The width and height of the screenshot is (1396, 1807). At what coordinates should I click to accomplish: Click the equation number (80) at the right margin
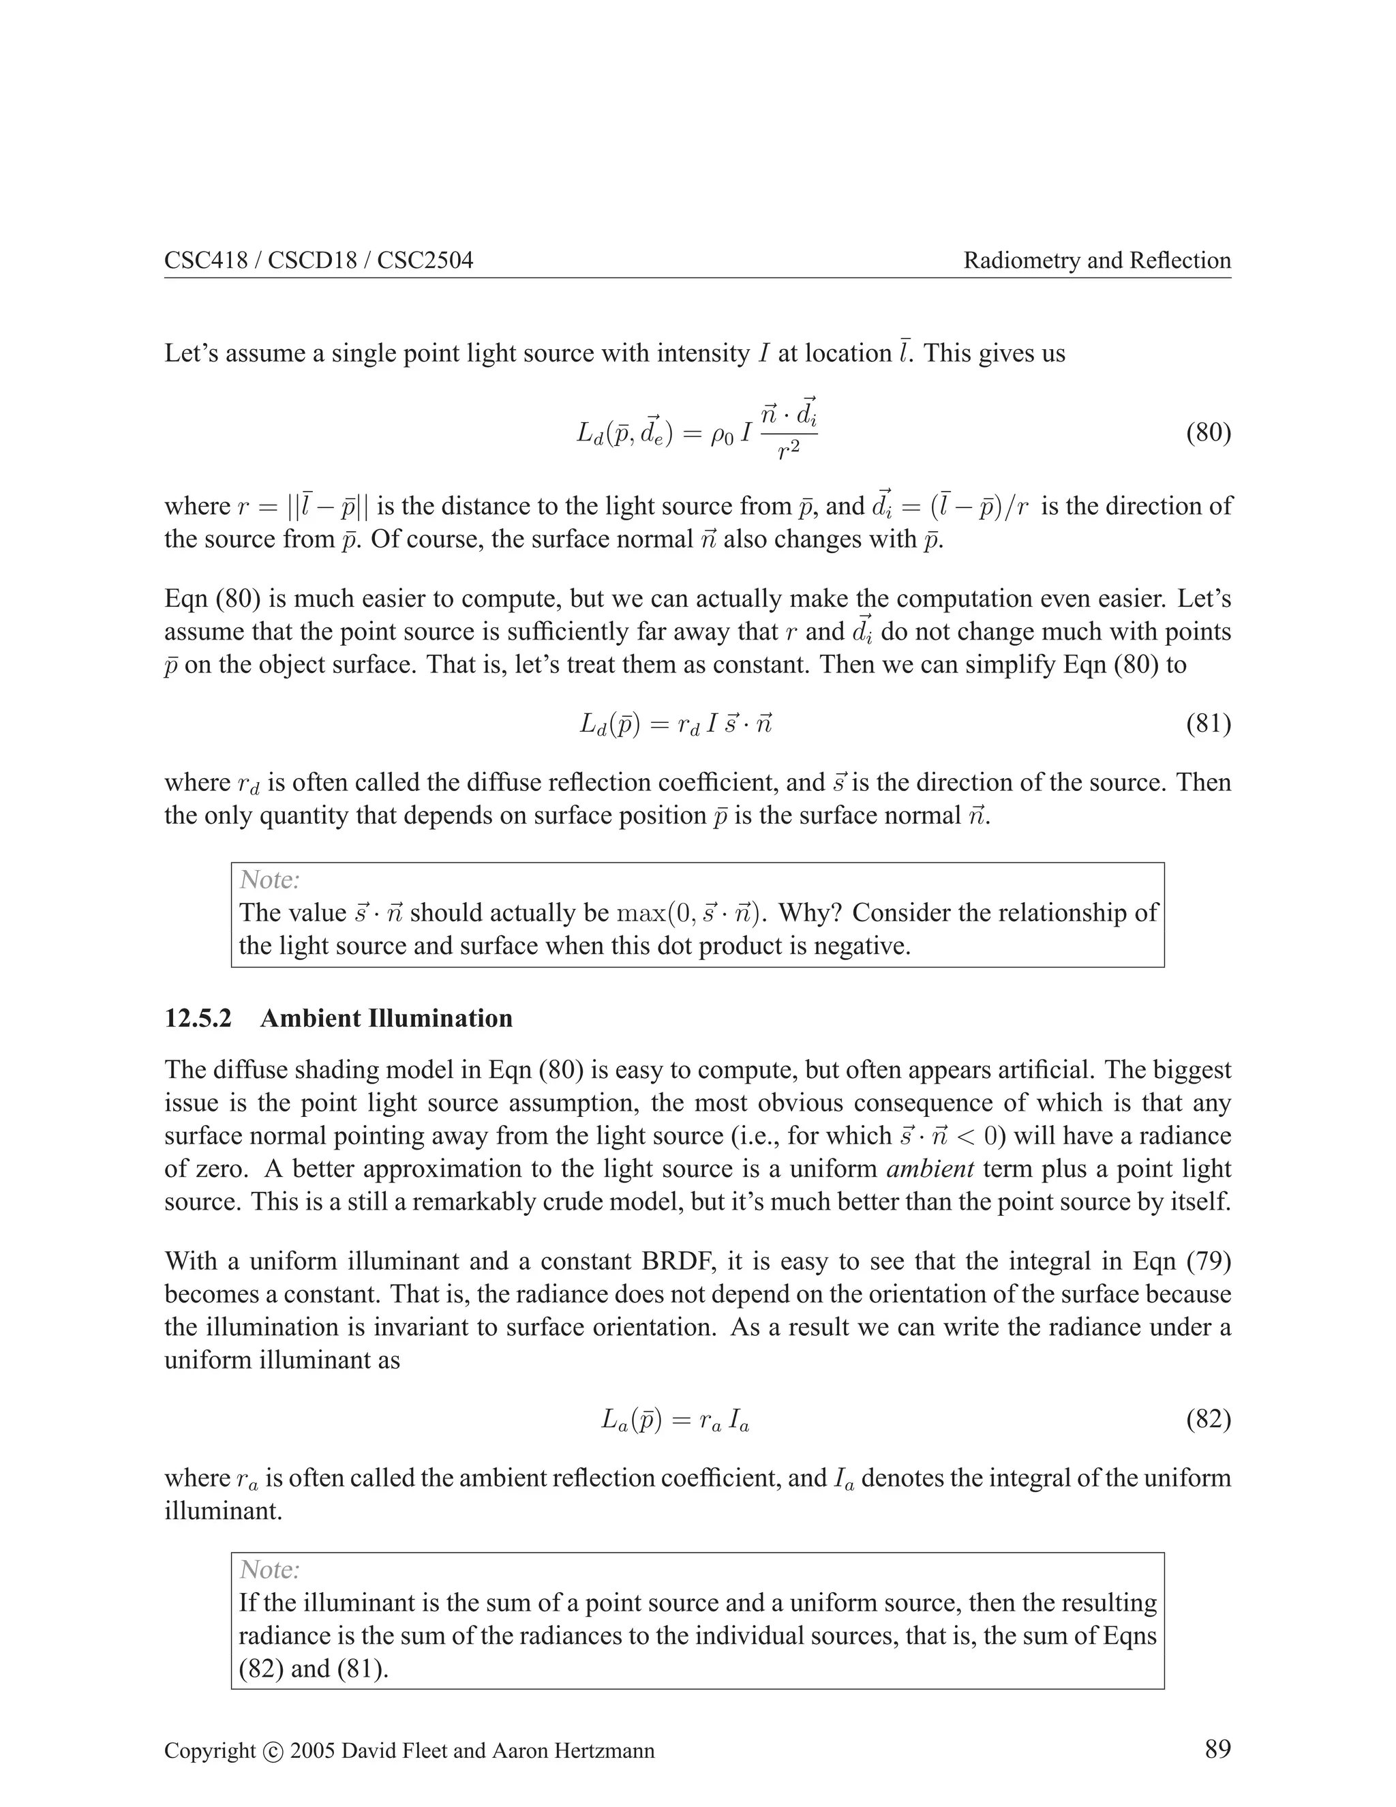[x=1209, y=433]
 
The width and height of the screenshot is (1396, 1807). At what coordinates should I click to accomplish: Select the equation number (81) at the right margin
[x=1209, y=724]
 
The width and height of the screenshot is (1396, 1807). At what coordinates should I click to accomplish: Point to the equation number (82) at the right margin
[x=1209, y=1420]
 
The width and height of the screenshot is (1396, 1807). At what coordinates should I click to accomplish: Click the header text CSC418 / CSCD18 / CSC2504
[x=318, y=260]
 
